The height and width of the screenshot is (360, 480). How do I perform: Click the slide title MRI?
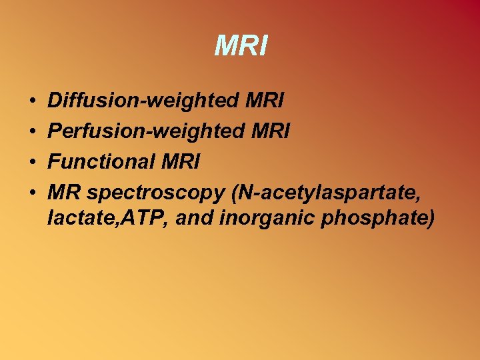(x=241, y=46)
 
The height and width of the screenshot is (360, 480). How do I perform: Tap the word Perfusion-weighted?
(x=143, y=131)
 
